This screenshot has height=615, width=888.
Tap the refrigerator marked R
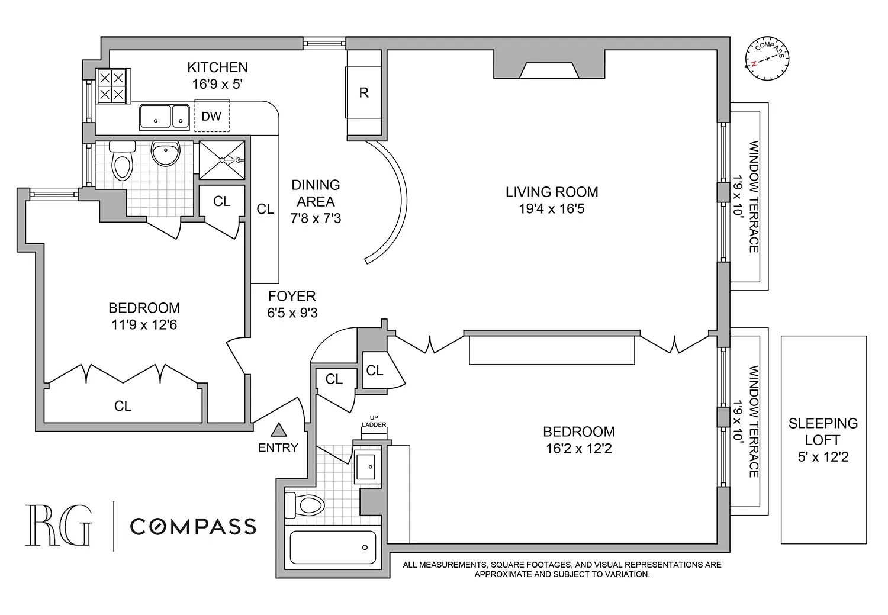(x=363, y=92)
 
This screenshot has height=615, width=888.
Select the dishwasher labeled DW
(x=211, y=117)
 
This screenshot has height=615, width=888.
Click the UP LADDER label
(x=374, y=421)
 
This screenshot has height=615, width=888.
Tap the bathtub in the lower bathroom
(x=332, y=548)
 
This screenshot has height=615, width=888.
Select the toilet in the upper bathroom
(x=123, y=161)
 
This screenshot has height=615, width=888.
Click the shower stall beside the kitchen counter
(x=221, y=159)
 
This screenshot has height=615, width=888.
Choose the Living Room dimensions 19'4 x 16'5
(x=552, y=209)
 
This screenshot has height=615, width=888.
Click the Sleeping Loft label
(x=823, y=440)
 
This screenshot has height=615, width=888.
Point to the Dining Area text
(x=316, y=194)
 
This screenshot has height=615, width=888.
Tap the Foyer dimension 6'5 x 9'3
(x=292, y=313)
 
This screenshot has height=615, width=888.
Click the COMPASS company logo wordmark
(x=193, y=526)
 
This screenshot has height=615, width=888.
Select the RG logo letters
(x=59, y=525)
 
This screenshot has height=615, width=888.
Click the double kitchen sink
(x=164, y=117)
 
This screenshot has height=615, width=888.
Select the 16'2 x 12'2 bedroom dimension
(x=578, y=449)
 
